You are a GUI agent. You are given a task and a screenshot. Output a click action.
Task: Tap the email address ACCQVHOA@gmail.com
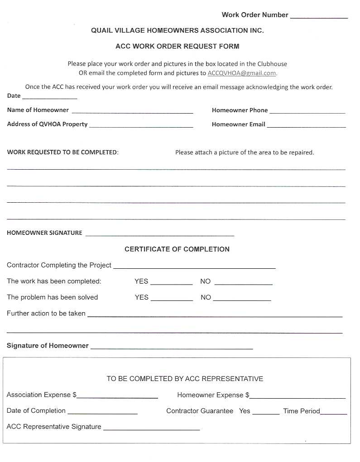tap(242, 73)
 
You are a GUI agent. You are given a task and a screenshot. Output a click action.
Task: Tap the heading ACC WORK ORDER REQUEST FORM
tap(177, 46)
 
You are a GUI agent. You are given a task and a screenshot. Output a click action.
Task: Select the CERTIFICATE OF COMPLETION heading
tap(177, 249)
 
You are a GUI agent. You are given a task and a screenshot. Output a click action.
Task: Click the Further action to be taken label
tap(46, 313)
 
